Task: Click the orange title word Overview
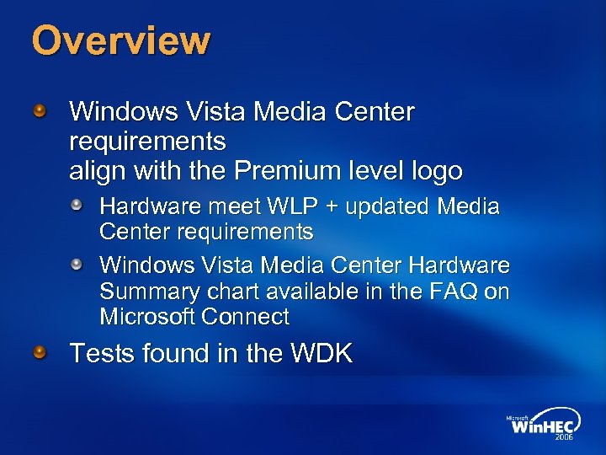120,40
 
